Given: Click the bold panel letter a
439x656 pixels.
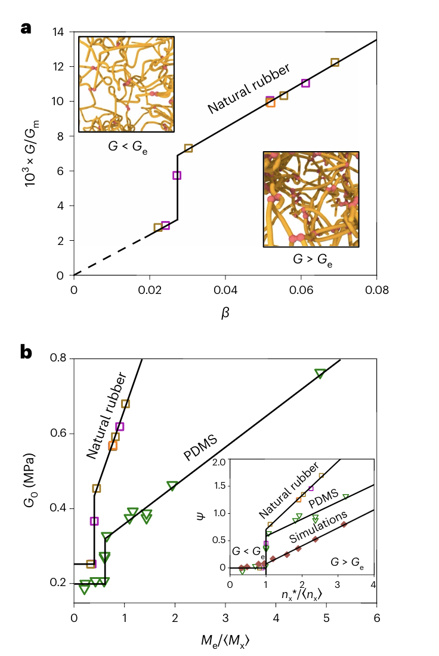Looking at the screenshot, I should (x=26, y=27).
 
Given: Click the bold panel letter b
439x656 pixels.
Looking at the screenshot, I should (x=26, y=352).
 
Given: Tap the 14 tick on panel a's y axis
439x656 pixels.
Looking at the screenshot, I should (x=58, y=32).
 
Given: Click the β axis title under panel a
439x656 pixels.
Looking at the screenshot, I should (x=225, y=314).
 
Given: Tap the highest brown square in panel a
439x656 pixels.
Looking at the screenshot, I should (x=335, y=62).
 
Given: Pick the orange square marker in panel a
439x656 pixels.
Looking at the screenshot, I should (x=271, y=102).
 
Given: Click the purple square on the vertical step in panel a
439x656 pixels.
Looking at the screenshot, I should (x=177, y=175).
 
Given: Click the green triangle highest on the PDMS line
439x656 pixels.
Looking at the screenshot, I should (x=320, y=374).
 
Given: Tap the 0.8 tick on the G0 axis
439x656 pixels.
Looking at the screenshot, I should (x=60, y=358).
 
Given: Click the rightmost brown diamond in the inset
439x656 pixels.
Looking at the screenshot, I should (x=344, y=525).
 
